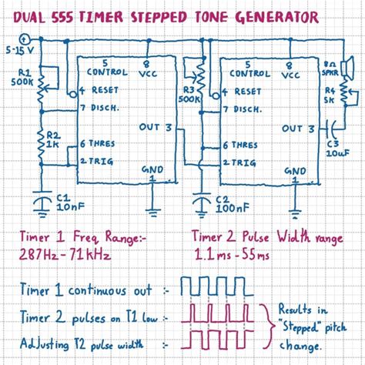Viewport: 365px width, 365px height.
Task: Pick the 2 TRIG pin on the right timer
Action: point(238,162)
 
